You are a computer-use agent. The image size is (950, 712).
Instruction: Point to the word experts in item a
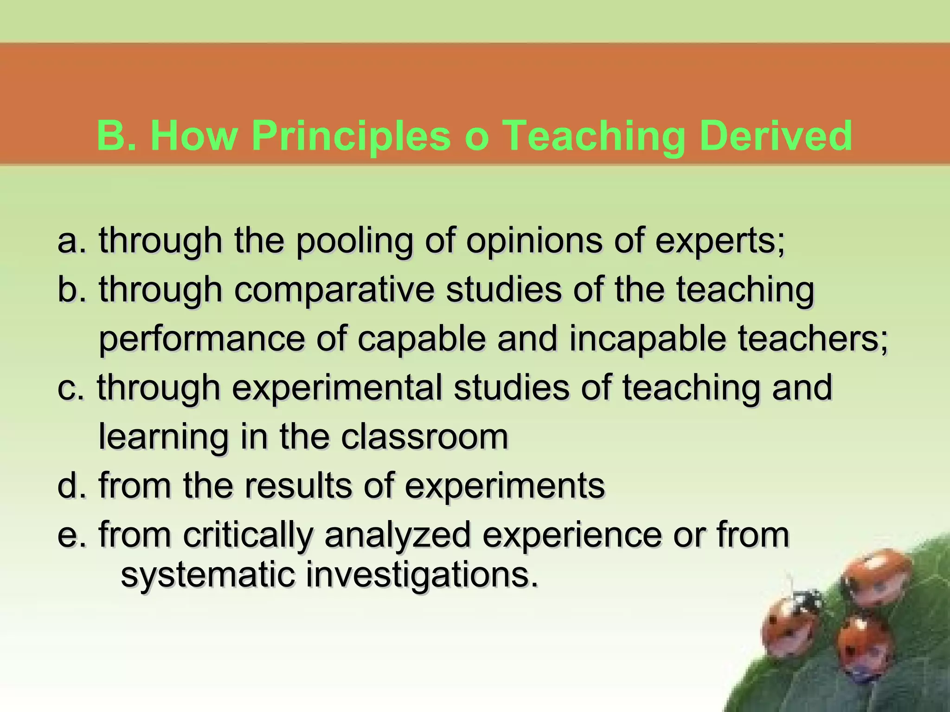click(719, 242)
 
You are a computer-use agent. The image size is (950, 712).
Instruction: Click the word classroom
click(424, 437)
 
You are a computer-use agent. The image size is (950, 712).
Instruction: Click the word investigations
click(422, 576)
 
